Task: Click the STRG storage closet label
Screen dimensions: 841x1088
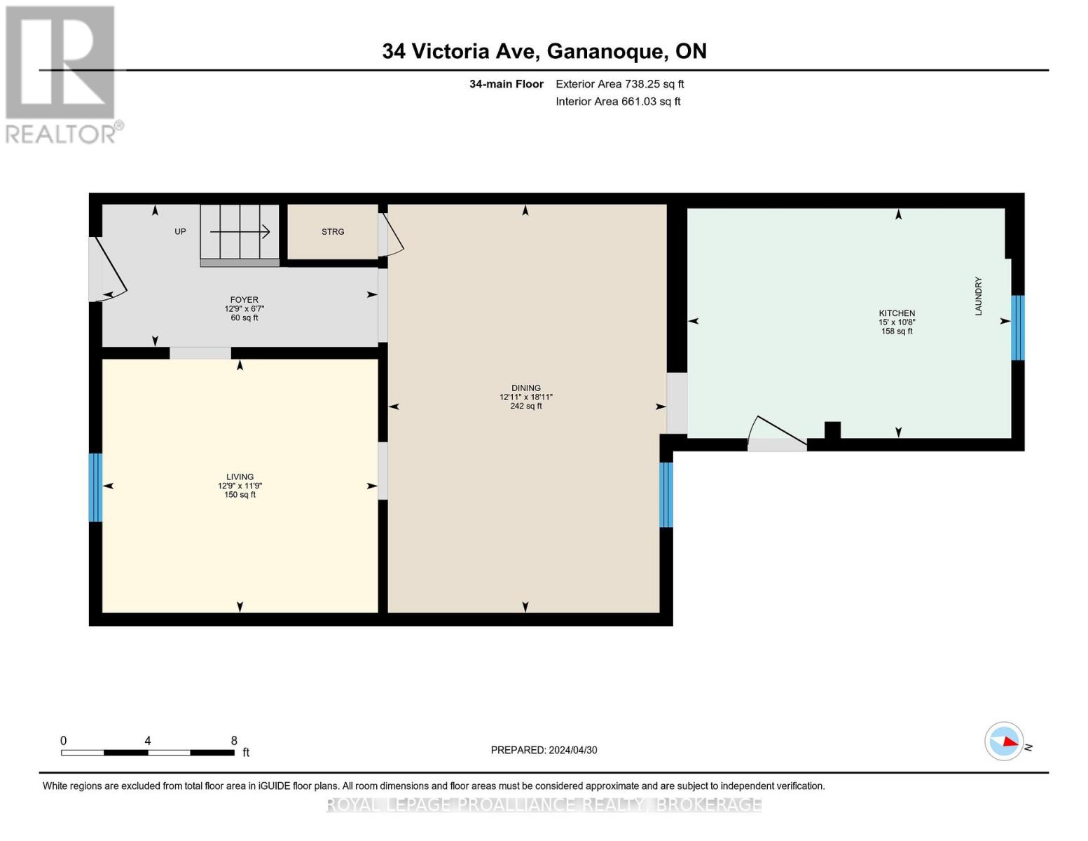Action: pyautogui.click(x=333, y=232)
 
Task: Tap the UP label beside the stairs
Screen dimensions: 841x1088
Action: pyautogui.click(x=180, y=232)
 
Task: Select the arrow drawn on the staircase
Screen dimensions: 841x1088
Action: pyautogui.click(x=240, y=232)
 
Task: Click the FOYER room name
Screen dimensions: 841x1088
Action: pyautogui.click(x=244, y=300)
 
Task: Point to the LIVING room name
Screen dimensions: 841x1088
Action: pyautogui.click(x=240, y=477)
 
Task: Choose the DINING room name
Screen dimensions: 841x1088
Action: pyautogui.click(x=525, y=388)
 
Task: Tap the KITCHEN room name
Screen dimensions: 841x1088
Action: pyautogui.click(x=897, y=313)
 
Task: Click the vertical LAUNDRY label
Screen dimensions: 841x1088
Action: pyautogui.click(x=978, y=296)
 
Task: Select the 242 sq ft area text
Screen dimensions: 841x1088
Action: pyautogui.click(x=525, y=406)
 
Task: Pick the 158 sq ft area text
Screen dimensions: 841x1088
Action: pyautogui.click(x=897, y=331)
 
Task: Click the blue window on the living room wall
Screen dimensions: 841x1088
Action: pyautogui.click(x=95, y=487)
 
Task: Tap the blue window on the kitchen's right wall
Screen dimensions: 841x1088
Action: pyautogui.click(x=1017, y=327)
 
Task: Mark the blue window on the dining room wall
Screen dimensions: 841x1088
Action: pyautogui.click(x=666, y=494)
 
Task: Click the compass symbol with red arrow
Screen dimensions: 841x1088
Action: pyautogui.click(x=1005, y=741)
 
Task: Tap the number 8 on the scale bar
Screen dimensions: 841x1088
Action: pyautogui.click(x=234, y=741)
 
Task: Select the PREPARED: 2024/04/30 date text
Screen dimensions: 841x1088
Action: pyautogui.click(x=544, y=750)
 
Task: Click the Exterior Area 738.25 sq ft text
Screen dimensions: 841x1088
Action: pyautogui.click(x=619, y=84)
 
